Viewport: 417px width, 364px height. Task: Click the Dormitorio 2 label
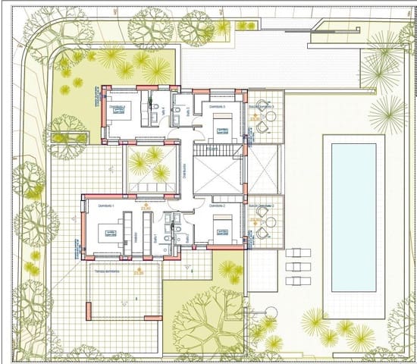coord(218,206)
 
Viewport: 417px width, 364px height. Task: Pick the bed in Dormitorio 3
coord(223,125)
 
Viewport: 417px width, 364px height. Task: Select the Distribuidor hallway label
coord(184,170)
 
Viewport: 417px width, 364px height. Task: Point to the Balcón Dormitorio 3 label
coord(261,107)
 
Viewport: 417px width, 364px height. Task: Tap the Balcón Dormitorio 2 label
coord(261,206)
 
